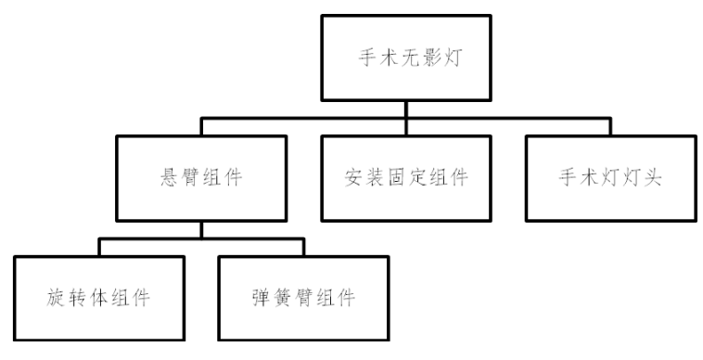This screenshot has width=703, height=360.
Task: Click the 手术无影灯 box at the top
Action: coord(405,57)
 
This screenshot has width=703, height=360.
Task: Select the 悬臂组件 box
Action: coord(201,177)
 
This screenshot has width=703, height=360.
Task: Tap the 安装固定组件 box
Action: coord(405,177)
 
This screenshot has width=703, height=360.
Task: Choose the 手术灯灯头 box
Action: coord(608,177)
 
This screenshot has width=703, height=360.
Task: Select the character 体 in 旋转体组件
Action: coord(99,300)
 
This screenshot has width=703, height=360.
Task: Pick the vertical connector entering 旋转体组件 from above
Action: coord(99,249)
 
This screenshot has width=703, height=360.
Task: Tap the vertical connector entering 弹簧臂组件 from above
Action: coord(303,249)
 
